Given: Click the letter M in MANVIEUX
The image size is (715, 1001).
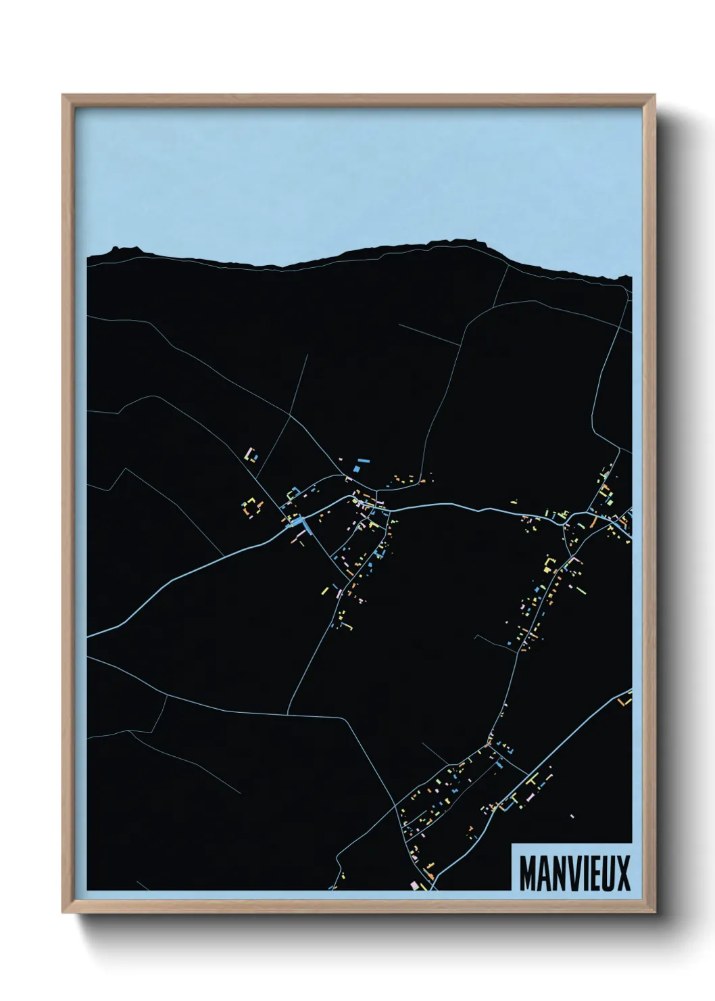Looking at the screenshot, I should pyautogui.click(x=528, y=873).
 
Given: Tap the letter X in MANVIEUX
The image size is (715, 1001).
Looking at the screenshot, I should pyautogui.click(x=622, y=873).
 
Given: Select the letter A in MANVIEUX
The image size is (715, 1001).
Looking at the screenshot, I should pyautogui.click(x=541, y=873).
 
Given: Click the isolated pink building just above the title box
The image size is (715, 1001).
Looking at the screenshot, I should pyautogui.click(x=572, y=816).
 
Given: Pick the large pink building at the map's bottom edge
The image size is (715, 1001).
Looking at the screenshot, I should pyautogui.click(x=415, y=885).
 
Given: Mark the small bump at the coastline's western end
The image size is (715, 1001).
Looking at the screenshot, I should pyautogui.click(x=116, y=249).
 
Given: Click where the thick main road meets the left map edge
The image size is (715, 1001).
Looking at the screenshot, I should pyautogui.click(x=89, y=636).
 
